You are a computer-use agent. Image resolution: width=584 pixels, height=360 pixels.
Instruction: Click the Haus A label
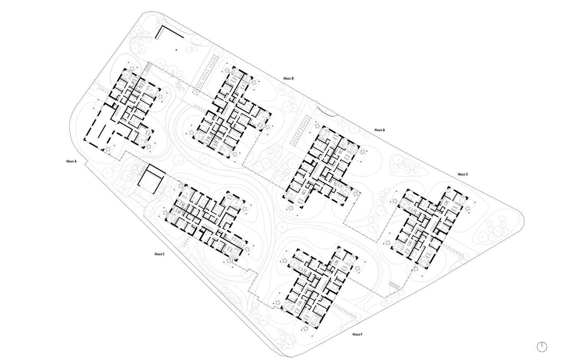coord(72,161)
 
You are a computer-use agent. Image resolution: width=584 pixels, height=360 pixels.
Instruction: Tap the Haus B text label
coord(289,78)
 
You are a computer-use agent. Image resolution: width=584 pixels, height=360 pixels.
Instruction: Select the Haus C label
coord(160,254)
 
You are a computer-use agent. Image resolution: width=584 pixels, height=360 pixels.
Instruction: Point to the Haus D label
coord(380,130)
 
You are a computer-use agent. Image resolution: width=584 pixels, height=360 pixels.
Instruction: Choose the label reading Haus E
coord(463,174)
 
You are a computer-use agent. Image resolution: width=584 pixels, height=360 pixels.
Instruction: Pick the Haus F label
coord(357,334)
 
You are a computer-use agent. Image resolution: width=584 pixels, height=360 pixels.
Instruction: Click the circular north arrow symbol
coord(542,347)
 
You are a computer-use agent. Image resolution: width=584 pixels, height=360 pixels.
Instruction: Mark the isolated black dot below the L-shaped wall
coord(176,50)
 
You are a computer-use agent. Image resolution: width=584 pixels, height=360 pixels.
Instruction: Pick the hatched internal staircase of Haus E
coord(434,225)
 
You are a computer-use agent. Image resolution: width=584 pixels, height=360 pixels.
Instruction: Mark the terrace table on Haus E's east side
coord(467,209)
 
